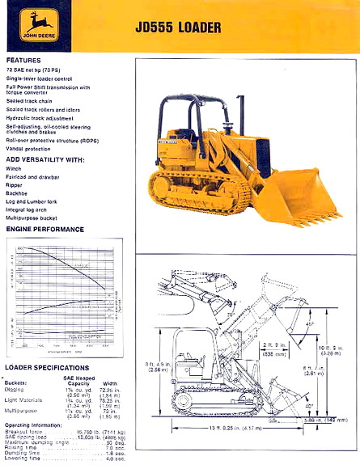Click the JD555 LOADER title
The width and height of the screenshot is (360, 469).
coord(179,28)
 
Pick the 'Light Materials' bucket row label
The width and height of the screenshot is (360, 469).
coord(25,400)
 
